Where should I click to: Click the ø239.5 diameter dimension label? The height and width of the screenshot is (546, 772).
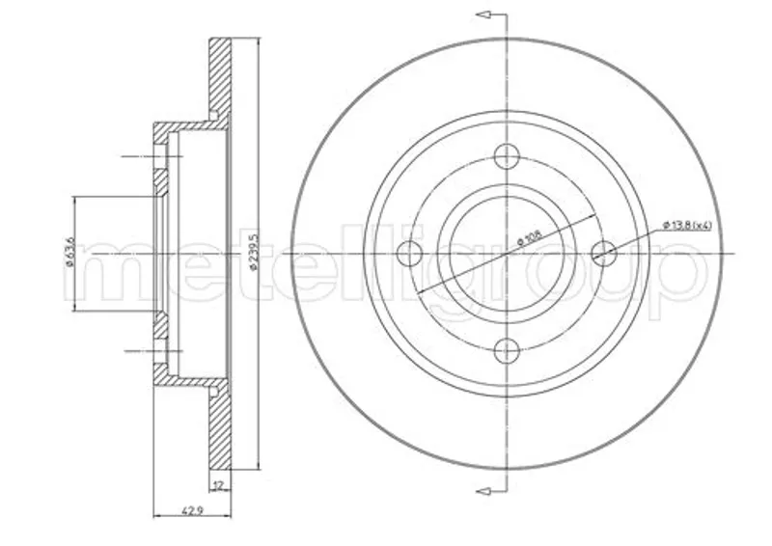[254, 252]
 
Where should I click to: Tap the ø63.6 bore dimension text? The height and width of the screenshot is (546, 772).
[69, 252]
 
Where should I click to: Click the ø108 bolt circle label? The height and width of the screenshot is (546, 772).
[529, 239]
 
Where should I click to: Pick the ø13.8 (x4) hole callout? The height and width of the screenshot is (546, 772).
[687, 226]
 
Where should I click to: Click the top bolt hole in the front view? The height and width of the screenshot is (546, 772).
[507, 156]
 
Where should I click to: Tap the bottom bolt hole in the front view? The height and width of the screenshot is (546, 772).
[507, 350]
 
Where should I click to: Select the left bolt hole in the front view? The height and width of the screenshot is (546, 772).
[409, 254]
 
